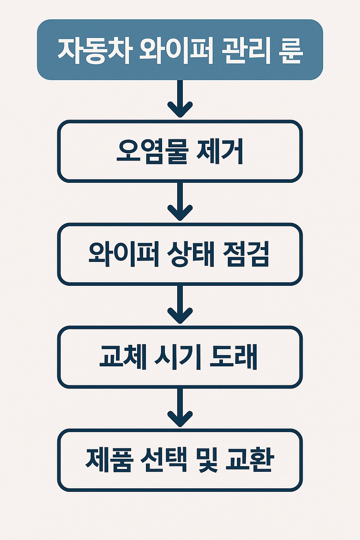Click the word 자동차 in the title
click(x=95, y=51)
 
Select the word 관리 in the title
click(x=246, y=51)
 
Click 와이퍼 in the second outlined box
click(x=122, y=254)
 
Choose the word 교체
click(x=123, y=357)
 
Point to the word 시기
click(x=178, y=357)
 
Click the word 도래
click(x=233, y=357)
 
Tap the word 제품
click(x=109, y=459)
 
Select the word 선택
click(x=163, y=459)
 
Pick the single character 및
click(x=207, y=460)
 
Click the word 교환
click(x=250, y=459)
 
